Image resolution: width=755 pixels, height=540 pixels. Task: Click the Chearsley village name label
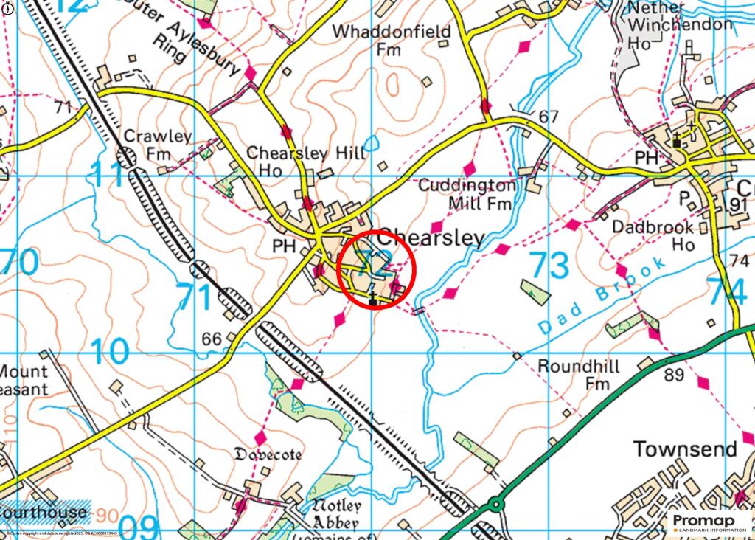coord(431,238)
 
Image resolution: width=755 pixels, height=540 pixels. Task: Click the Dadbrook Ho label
coord(653,235)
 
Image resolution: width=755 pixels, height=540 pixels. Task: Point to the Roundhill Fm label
coord(579,375)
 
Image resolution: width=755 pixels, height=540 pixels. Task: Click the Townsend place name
coord(686,449)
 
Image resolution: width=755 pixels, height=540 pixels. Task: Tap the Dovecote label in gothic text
coord(267,455)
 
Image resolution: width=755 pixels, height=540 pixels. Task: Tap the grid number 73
coord(549,266)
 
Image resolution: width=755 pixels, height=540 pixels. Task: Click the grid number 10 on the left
coord(111,352)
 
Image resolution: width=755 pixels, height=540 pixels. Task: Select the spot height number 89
coord(673,375)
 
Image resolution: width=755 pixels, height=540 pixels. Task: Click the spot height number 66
coord(212,339)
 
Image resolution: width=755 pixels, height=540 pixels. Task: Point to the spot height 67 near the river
coord(549,117)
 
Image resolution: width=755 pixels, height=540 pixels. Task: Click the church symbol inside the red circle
coord(374,298)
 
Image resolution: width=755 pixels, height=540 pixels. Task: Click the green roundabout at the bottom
coord(495,505)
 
